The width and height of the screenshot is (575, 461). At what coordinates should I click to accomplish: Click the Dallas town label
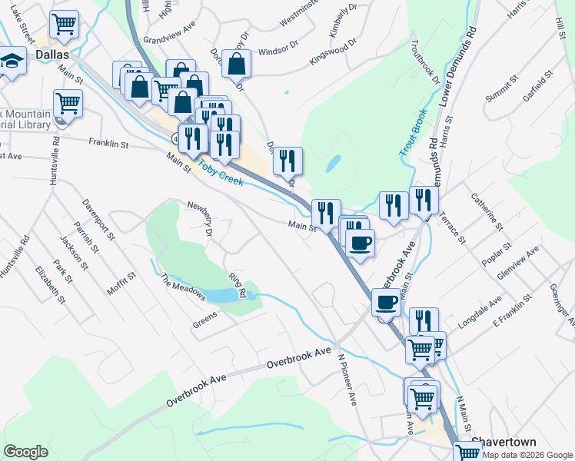click(52, 55)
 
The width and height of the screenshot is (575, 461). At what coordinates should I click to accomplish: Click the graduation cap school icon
click(12, 61)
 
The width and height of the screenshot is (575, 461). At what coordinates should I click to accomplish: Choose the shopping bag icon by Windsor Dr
click(237, 65)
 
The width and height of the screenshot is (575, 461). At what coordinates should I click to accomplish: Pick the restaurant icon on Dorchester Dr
click(287, 161)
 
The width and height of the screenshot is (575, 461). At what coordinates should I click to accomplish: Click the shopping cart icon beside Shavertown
click(467, 452)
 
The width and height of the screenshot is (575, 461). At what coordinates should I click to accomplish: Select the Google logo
click(25, 452)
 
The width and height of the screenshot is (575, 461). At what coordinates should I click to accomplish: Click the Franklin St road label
click(108, 143)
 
